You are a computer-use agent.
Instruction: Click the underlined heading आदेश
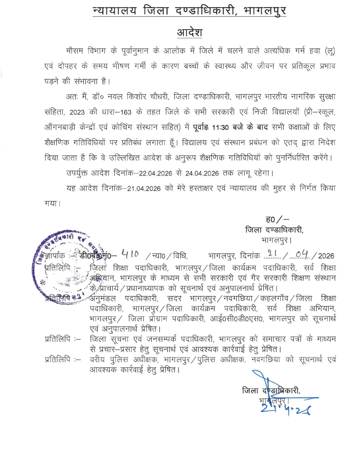189,33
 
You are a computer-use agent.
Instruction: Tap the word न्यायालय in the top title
115,11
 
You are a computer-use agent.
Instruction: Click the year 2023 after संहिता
77,112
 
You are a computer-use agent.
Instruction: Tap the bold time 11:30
220,127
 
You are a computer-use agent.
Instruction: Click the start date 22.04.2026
156,173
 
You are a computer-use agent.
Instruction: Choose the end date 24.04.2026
202,173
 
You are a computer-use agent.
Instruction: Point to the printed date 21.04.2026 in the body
144,189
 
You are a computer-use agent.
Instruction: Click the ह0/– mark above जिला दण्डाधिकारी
277,219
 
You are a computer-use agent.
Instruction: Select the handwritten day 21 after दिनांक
272,254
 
